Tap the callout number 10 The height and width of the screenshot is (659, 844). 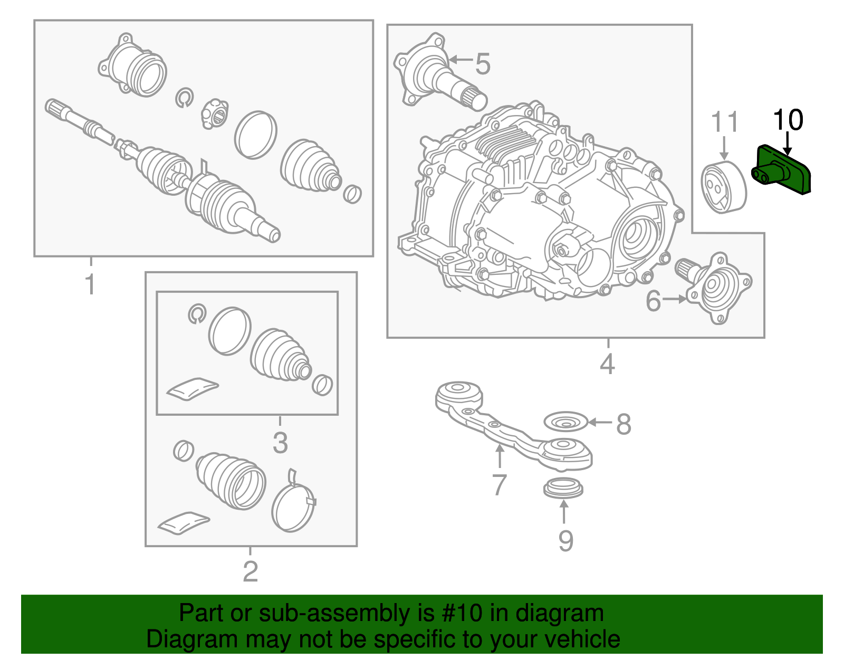[788, 120]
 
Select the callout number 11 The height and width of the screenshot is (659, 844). [725, 122]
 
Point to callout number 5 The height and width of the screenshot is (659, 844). [483, 63]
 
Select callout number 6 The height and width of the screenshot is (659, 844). [654, 301]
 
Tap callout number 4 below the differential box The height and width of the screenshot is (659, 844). [607, 364]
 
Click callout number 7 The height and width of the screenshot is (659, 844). [499, 484]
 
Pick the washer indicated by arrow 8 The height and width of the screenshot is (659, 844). [565, 422]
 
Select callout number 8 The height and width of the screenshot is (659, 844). [624, 424]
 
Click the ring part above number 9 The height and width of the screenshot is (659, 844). [563, 488]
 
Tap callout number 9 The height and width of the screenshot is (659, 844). [565, 541]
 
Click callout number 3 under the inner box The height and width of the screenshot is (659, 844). [280, 442]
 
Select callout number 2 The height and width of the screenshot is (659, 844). [251, 571]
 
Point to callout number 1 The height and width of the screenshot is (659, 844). [91, 285]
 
